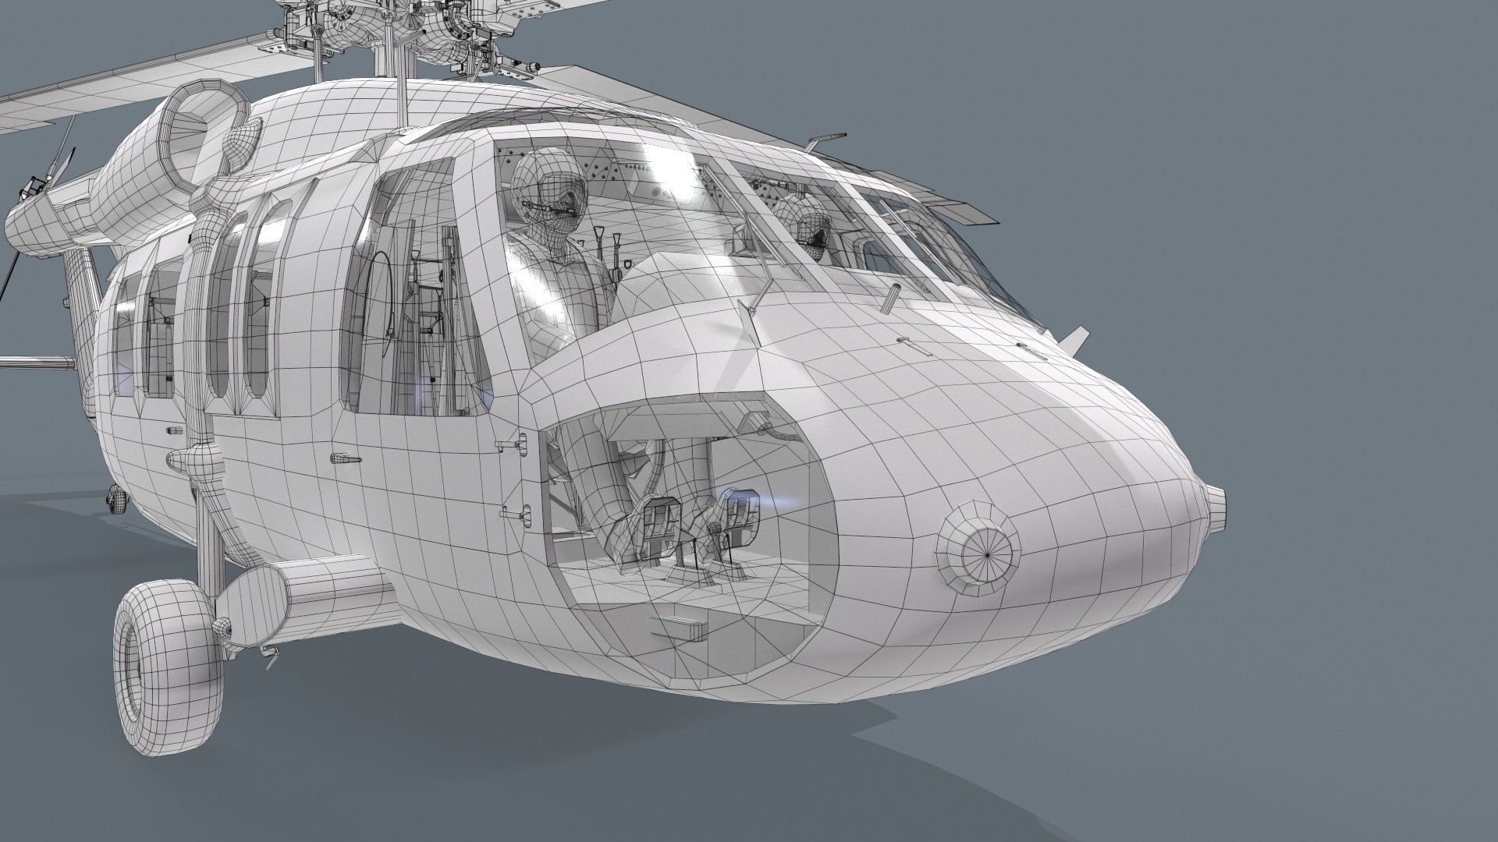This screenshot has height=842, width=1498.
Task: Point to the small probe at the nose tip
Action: point(1216,499)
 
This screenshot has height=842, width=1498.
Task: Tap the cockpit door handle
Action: point(510,445)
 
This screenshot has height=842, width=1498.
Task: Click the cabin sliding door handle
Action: point(344,460)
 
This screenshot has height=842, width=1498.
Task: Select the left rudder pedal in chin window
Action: point(660,518)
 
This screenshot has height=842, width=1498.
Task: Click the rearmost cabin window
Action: point(125,335)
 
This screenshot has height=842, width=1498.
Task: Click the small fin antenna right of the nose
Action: point(1074,337)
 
